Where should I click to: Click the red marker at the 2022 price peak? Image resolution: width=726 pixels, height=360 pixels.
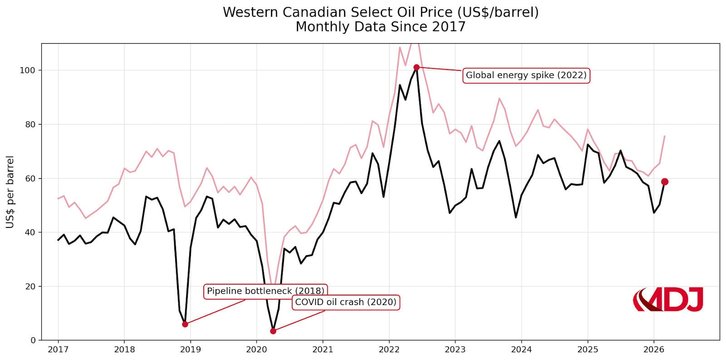416,67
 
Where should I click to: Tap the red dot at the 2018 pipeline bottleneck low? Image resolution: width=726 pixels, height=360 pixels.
185,324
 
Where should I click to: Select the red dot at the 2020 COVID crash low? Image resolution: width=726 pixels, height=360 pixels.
273,331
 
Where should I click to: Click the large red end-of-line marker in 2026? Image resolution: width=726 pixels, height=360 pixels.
664,182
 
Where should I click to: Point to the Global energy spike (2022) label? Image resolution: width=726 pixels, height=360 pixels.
526,75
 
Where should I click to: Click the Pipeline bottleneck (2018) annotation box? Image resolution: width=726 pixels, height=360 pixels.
265,291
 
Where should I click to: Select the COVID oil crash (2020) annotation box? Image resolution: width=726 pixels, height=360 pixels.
345,302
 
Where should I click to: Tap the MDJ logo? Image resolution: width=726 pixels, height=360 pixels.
667,300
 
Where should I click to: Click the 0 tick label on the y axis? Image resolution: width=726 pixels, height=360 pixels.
33,340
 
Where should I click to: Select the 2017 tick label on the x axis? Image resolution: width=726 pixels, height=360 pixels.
58,350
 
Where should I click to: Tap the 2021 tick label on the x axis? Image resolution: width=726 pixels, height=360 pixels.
323,350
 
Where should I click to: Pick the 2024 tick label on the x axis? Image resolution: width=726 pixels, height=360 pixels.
521,350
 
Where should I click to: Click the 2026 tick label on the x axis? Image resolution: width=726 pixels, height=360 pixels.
653,350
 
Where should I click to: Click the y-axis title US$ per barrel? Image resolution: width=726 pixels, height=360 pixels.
10,192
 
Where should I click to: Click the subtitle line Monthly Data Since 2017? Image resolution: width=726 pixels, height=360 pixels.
380,27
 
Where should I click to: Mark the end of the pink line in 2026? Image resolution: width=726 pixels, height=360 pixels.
664,136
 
